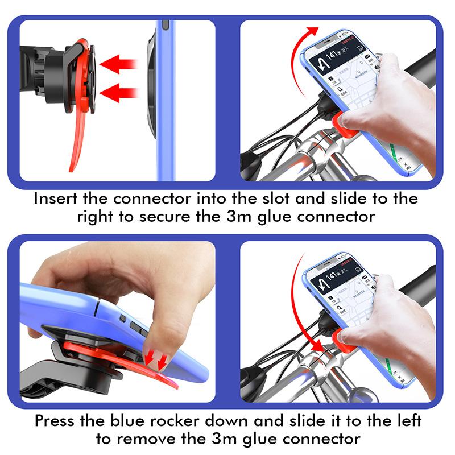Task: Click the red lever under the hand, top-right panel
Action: tap(341, 122)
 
